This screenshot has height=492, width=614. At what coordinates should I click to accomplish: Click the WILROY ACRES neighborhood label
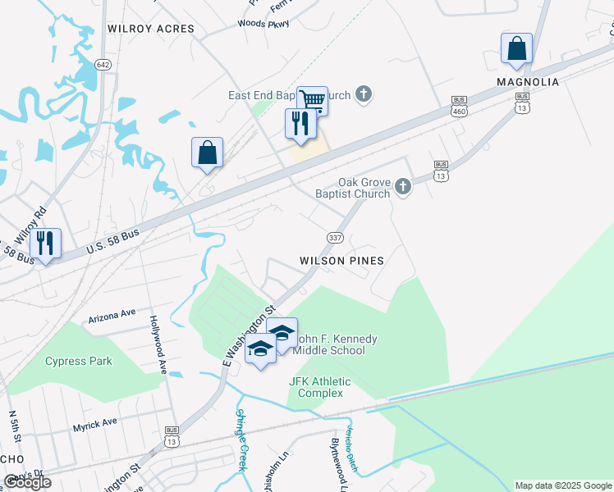pos(151,29)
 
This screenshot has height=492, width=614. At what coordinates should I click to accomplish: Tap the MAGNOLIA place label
pos(528,82)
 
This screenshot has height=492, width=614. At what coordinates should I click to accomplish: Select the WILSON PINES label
pos(341,260)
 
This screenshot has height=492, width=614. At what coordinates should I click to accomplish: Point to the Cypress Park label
pos(78,361)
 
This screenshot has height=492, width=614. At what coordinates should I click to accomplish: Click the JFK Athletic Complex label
pos(319,387)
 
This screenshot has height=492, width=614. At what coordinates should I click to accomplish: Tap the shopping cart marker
pos(313,100)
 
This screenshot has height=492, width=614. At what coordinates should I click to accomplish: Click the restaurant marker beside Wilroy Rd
pos(46,244)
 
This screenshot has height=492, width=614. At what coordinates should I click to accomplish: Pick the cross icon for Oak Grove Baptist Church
pos(402,187)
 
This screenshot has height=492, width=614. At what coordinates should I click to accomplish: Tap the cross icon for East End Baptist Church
pos(364,96)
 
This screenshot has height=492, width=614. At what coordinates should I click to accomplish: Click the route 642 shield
pos(103,64)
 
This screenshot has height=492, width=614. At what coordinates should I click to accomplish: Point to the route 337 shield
pos(336,238)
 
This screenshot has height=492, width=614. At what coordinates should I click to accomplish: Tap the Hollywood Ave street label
pos(158,344)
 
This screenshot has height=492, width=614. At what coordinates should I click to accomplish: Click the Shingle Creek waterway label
pos(241,440)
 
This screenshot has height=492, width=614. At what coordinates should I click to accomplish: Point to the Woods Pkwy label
pos(263,24)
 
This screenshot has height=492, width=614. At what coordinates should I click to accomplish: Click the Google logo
pos(27,482)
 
